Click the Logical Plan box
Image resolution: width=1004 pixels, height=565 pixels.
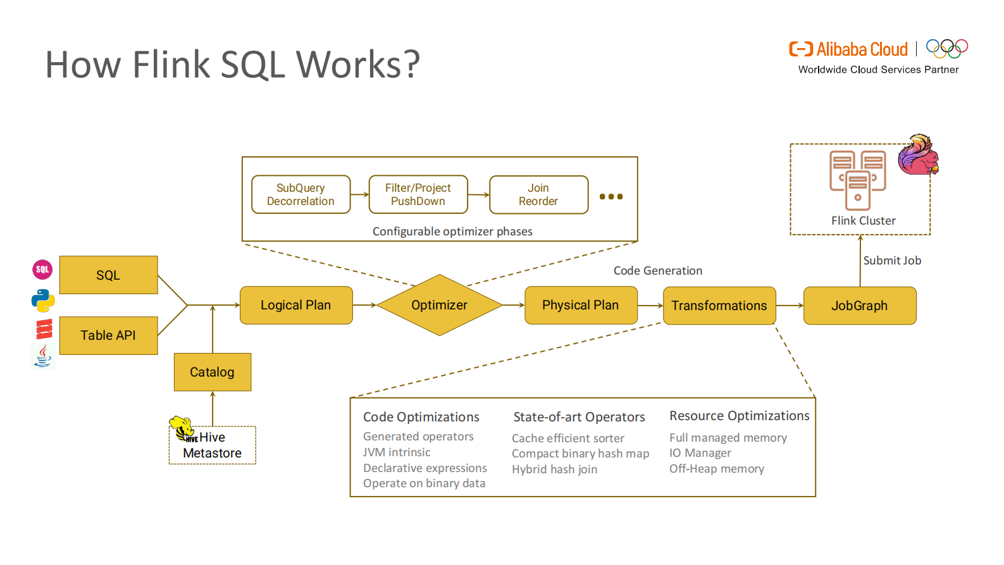click(296, 305)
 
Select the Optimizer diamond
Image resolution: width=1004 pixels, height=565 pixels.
click(439, 305)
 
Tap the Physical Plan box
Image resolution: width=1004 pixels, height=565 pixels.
click(580, 305)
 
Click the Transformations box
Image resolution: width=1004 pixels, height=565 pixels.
click(719, 306)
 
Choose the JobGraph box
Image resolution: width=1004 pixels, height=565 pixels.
click(859, 306)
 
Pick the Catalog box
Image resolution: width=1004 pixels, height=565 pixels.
click(212, 372)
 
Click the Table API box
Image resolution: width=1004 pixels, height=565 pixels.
click(108, 335)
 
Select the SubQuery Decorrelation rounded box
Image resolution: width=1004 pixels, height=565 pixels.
click(301, 194)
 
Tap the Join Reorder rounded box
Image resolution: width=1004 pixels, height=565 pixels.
click(538, 194)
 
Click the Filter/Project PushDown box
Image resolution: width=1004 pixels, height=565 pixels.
click(418, 194)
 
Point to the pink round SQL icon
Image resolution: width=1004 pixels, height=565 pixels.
click(42, 270)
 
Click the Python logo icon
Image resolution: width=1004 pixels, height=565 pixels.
click(43, 301)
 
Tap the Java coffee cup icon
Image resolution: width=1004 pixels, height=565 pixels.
click(43, 356)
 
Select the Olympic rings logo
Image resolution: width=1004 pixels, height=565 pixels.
click(946, 49)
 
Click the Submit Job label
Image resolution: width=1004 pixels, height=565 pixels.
click(892, 261)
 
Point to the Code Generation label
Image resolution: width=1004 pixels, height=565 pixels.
click(657, 271)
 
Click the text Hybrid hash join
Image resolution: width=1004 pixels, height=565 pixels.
click(554, 469)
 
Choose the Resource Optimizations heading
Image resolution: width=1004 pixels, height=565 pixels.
click(739, 416)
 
